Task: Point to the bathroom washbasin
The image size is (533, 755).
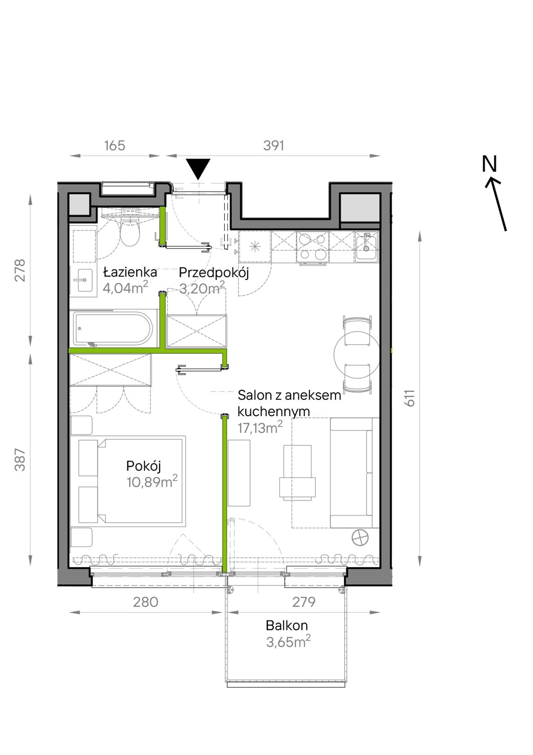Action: tap(85, 280)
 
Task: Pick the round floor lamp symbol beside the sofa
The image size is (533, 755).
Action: tap(360, 538)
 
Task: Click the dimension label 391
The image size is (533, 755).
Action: tap(274, 145)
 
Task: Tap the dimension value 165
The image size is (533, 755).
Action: tap(115, 145)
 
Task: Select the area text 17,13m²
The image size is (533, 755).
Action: tap(260, 428)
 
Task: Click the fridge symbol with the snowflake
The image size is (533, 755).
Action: tap(255, 247)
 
